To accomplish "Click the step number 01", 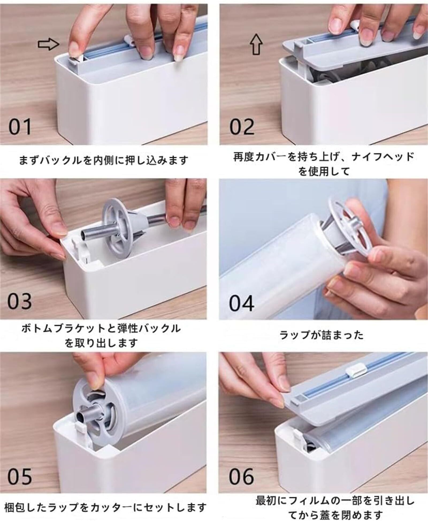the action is coord(20,127).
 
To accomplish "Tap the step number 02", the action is coord(242,127).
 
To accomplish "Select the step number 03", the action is coord(20,301).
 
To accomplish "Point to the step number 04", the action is coord(242,303).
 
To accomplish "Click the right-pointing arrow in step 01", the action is coord(48,44).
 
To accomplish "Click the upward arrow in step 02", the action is coord(256,44).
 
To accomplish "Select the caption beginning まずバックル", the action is coord(104,160).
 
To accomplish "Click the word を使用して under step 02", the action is coord(324,171).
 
